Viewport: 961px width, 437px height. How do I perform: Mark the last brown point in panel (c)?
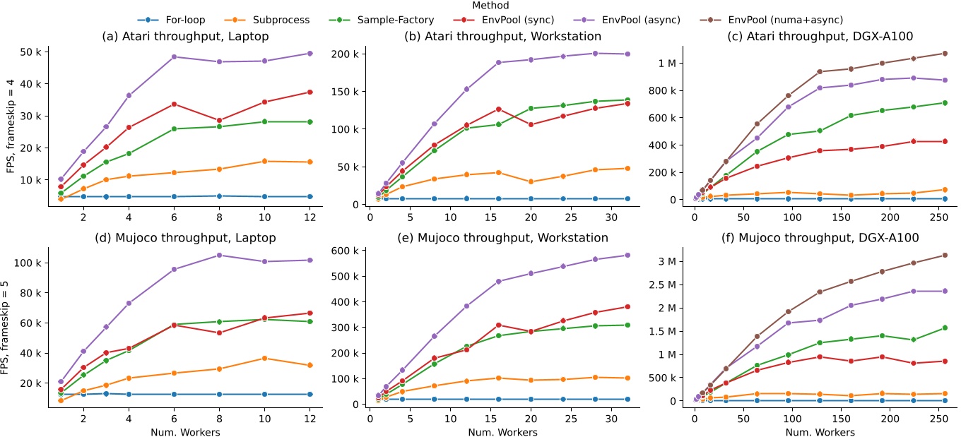(944, 53)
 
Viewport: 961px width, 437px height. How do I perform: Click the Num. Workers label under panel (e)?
(502, 431)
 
